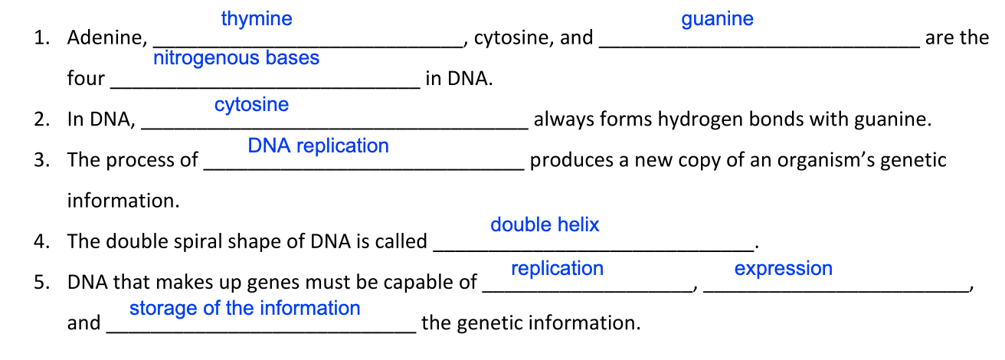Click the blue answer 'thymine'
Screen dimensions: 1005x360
(x=257, y=19)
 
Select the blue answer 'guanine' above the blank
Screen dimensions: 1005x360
(x=717, y=19)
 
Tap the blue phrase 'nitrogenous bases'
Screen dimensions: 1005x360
(x=236, y=58)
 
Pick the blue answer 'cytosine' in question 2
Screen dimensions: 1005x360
(x=251, y=105)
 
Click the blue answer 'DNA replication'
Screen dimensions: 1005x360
(x=318, y=146)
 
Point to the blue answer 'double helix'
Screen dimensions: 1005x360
(x=545, y=224)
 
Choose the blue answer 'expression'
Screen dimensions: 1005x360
(x=783, y=269)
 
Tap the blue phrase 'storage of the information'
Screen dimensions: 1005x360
(x=244, y=308)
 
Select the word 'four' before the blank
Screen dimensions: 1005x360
(x=86, y=79)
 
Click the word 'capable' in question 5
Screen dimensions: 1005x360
(x=416, y=283)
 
